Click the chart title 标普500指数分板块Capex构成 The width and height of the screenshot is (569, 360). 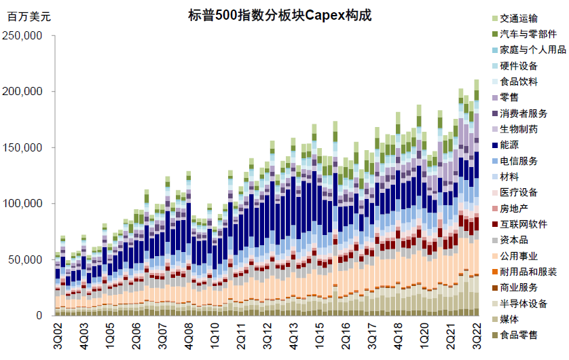click(279, 16)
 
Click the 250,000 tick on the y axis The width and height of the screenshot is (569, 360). click(25, 35)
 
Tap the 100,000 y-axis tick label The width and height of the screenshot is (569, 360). click(25, 204)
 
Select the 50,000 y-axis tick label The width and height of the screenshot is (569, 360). click(28, 260)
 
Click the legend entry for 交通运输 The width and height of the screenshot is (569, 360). click(519, 18)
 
